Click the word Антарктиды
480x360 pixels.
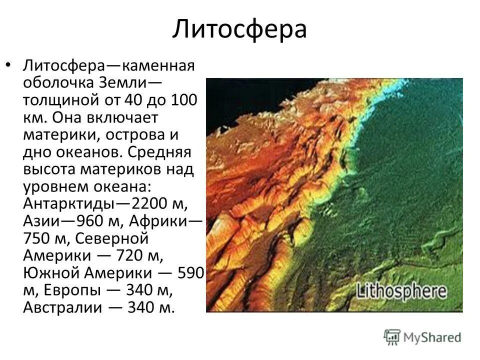(68, 204)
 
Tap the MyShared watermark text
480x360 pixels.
(433, 337)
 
